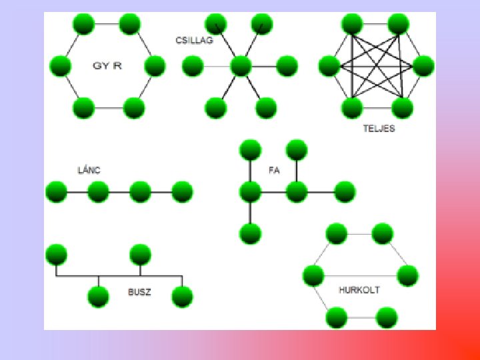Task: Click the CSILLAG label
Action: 194,41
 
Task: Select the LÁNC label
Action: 89,170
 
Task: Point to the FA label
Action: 273,170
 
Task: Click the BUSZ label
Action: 139,292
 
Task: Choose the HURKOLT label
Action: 359,290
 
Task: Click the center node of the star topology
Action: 240,65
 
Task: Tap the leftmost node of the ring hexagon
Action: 60,66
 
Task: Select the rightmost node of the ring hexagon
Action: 155,66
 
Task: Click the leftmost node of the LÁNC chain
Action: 56,192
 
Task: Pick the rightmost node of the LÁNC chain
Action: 182,192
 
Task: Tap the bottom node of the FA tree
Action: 250,233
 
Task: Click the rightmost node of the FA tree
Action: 345,192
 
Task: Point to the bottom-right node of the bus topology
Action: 182,296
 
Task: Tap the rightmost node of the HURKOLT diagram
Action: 407,275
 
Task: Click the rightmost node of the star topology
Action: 287,65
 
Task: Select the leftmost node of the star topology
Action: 193,65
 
